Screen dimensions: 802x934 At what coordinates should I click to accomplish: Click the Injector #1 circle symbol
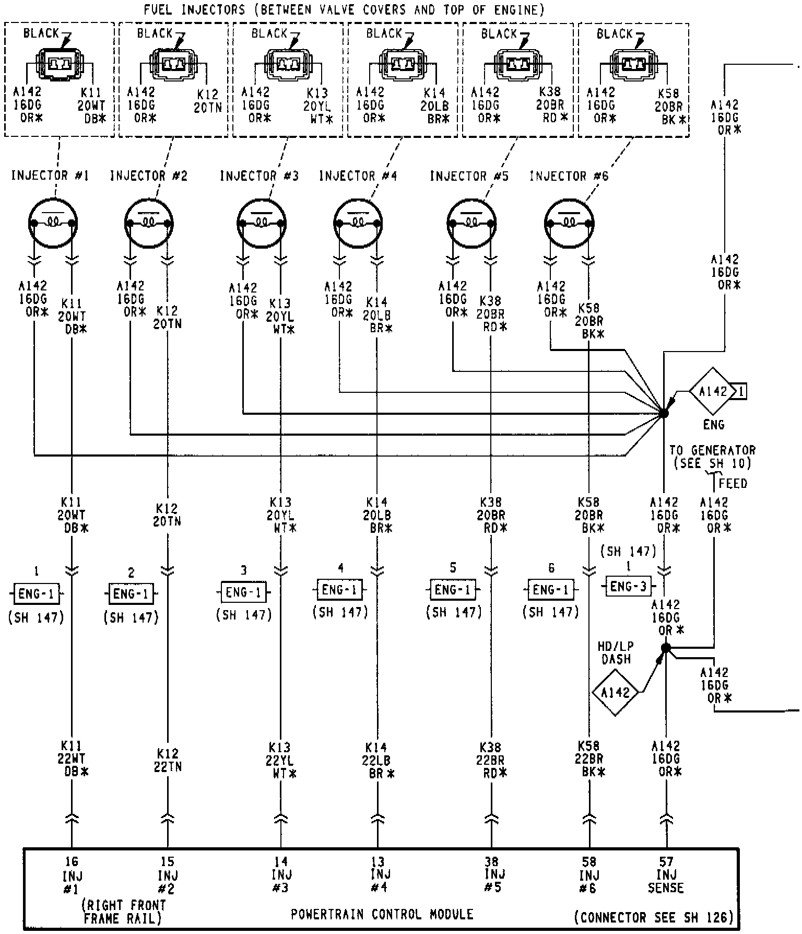53,223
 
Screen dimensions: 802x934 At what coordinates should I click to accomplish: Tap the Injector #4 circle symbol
358,223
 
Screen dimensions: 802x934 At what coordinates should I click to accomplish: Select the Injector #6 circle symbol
569,223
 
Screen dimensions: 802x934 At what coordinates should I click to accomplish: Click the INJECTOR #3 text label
259,176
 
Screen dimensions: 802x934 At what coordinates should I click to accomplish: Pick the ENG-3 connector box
629,586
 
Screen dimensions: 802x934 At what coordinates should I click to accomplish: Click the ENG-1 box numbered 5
453,590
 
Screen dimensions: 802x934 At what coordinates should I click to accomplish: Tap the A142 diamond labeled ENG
713,391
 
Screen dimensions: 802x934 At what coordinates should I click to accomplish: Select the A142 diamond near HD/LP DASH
615,693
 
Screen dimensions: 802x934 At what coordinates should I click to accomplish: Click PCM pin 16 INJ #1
72,875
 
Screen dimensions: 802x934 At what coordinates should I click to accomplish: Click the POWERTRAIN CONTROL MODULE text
382,914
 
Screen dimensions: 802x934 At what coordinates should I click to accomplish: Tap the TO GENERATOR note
712,457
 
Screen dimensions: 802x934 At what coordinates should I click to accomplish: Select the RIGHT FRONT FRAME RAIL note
124,911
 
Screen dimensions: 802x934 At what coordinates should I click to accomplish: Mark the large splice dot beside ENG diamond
663,413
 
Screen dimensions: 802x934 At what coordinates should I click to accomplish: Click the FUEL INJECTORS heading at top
344,10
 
